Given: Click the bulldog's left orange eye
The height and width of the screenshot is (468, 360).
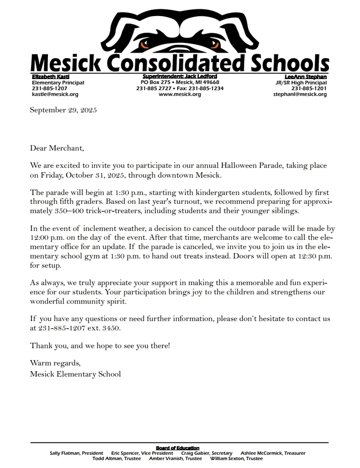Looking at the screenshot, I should click(x=145, y=45).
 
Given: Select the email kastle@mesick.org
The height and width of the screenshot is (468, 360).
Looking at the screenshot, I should click(x=55, y=95).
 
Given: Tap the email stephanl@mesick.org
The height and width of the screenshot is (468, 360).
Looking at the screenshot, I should click(x=300, y=95).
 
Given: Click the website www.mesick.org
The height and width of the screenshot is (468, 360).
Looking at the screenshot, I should click(x=180, y=95).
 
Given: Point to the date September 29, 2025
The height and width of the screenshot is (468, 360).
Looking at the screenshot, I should click(x=64, y=110).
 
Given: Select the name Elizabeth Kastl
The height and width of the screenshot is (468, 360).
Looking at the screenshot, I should click(x=50, y=76).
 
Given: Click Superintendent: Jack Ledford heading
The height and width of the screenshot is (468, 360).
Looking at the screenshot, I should click(x=180, y=76).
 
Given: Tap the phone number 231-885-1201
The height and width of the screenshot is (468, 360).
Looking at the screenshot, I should click(x=309, y=89).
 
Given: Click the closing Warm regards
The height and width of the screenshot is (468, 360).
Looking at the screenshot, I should click(x=55, y=363).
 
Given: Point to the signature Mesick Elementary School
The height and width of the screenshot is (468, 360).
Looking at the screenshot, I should click(x=75, y=374).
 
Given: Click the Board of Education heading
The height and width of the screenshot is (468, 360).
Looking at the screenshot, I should click(x=177, y=448).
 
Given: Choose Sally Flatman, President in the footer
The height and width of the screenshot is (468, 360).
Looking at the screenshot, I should click(x=77, y=453).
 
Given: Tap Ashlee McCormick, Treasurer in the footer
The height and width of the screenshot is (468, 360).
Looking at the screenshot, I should click(x=273, y=453).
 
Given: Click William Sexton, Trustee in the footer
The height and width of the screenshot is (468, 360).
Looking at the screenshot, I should click(x=236, y=458).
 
